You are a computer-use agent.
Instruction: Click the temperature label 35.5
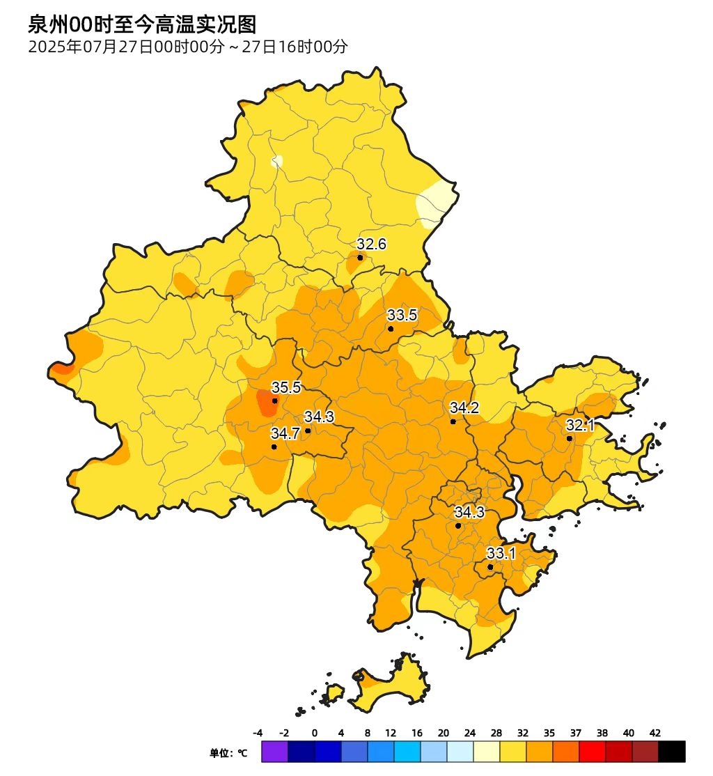[285, 388]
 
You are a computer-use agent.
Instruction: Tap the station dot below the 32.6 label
[360, 257]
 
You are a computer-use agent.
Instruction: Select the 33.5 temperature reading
[402, 315]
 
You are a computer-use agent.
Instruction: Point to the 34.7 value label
[285, 433]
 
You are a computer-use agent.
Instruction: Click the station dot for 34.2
[453, 421]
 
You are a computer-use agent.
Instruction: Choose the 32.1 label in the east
[580, 425]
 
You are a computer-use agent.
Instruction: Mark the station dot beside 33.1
[490, 567]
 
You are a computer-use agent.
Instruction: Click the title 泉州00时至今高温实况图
[142, 25]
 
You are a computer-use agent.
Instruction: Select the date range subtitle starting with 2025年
[187, 47]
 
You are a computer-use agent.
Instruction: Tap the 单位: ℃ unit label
[228, 753]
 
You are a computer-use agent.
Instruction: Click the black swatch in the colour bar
[672, 752]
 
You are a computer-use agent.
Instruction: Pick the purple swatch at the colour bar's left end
[274, 752]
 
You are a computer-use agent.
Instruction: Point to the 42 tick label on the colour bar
[655, 733]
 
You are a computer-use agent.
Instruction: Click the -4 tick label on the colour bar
[257, 733]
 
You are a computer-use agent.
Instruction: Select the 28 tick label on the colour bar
[496, 733]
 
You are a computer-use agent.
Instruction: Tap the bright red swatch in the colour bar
[593, 752]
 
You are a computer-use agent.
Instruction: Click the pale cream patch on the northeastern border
[435, 203]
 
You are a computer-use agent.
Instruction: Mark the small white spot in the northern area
[277, 162]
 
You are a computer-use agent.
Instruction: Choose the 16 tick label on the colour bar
[416, 733]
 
